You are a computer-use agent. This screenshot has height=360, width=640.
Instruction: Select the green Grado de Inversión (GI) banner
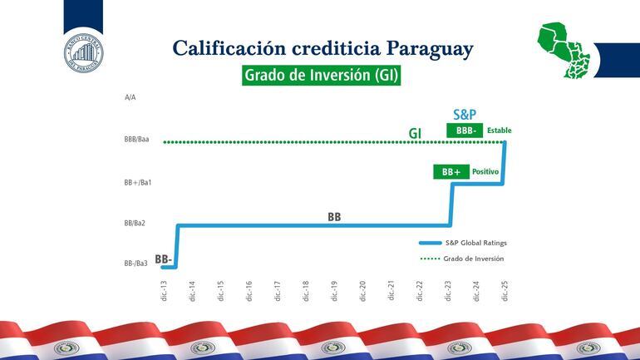(x=322, y=76)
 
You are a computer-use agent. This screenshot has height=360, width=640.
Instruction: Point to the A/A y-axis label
(x=130, y=97)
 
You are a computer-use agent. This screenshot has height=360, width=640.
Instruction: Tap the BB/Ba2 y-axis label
(x=135, y=223)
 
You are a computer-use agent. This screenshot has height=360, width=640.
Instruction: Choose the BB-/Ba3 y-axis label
(x=135, y=264)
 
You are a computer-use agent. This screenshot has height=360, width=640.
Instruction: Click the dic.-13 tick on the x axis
(x=163, y=290)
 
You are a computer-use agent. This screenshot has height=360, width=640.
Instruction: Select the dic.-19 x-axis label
(x=334, y=290)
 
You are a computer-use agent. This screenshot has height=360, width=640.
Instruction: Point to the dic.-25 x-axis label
(x=505, y=290)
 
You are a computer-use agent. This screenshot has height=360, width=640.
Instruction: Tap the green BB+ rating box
(x=451, y=172)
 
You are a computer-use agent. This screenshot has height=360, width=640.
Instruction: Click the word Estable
(x=500, y=131)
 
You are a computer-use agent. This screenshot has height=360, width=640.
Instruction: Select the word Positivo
(x=485, y=172)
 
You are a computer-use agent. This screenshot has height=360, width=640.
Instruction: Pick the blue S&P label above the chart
(x=465, y=115)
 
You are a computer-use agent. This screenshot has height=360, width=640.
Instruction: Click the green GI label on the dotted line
(x=415, y=133)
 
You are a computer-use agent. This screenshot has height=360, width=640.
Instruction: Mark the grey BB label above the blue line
(x=334, y=217)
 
